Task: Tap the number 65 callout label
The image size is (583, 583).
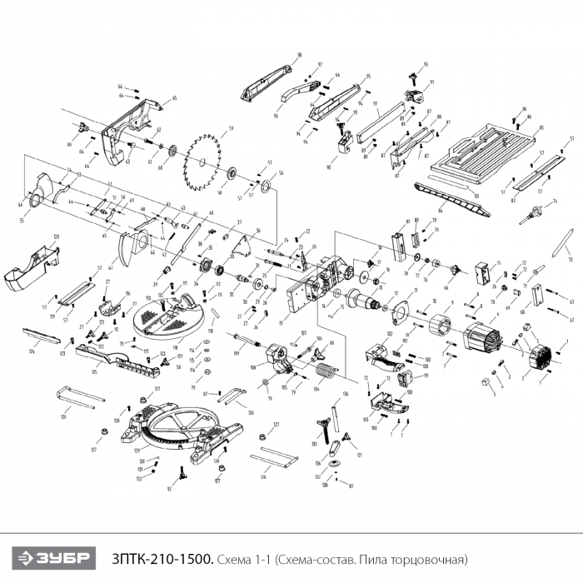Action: click(174, 98)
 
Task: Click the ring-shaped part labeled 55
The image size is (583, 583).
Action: click(36, 200)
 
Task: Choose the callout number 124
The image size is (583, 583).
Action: click(31, 351)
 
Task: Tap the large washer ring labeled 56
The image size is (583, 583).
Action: click(267, 186)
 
